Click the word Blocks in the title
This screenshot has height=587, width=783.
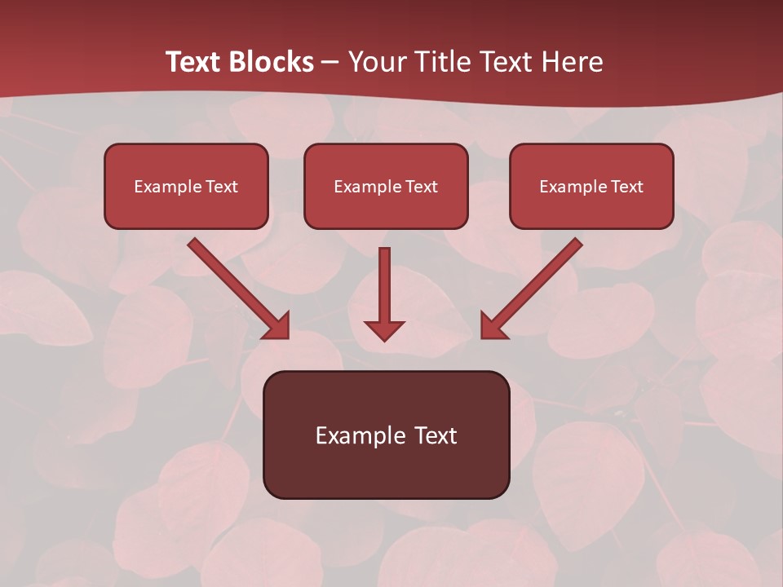tap(273, 62)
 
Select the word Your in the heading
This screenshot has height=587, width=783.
tap(375, 62)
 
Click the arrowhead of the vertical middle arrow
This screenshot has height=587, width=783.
tap(384, 330)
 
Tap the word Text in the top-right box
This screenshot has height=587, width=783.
tap(626, 187)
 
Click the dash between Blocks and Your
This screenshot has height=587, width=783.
tap(330, 62)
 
